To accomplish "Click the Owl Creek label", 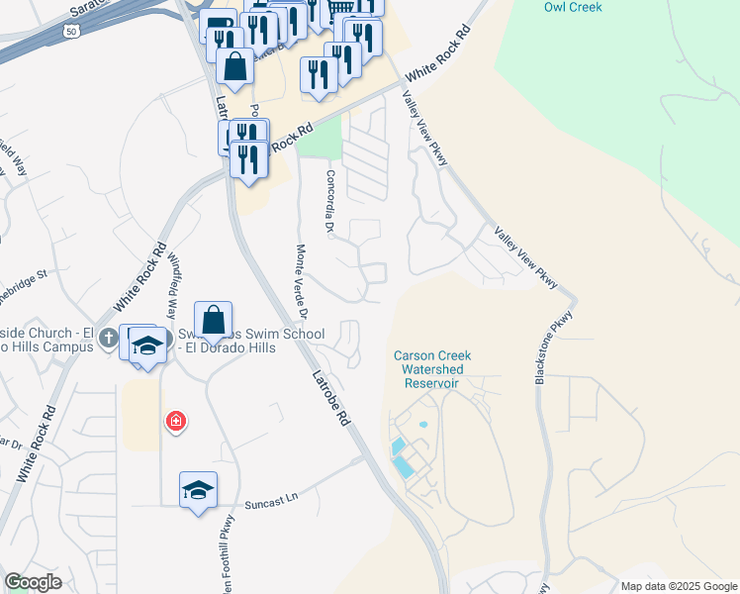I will point(572,7).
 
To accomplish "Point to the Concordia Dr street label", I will point(331,202).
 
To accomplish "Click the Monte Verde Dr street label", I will point(303,283).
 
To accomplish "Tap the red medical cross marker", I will point(176,423).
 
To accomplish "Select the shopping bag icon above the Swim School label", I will point(213,320).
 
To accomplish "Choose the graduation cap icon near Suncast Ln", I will point(198,489).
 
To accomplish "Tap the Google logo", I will point(33,582).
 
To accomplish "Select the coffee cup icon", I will point(218,26).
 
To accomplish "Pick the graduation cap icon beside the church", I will point(147,344).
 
